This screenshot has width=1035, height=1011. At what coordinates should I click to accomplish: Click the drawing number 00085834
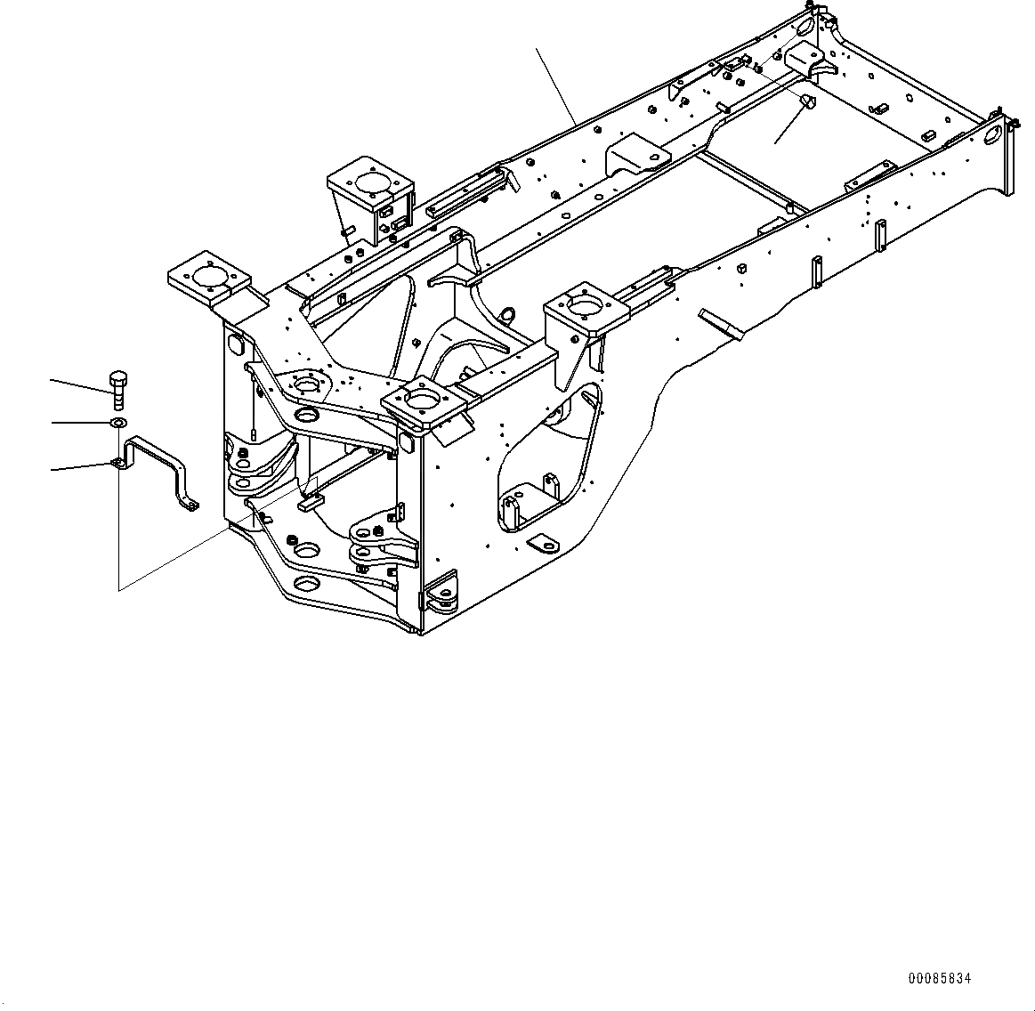939,979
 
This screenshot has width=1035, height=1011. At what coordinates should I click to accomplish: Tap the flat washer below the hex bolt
117,422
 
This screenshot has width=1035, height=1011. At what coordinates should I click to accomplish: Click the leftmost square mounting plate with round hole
206,277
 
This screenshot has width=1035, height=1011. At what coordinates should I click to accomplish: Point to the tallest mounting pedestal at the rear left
369,191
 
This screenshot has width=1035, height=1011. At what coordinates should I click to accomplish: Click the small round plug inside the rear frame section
807,101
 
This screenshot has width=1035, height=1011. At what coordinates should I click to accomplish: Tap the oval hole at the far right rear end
993,134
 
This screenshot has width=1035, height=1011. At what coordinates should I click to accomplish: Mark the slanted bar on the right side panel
721,322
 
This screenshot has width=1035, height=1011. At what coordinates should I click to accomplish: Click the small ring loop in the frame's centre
508,314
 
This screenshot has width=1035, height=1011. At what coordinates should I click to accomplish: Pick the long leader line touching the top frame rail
555,85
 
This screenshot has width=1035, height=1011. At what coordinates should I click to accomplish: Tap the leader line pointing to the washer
78,422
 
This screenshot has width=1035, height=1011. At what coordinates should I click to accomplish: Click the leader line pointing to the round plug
788,124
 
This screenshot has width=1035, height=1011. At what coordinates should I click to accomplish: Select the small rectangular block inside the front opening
310,503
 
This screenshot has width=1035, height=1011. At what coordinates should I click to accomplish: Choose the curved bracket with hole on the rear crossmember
636,153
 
